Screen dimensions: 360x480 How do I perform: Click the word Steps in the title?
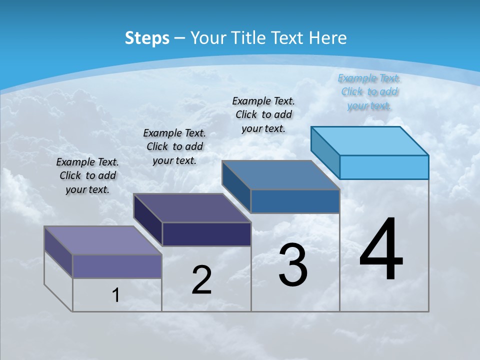tap(147, 38)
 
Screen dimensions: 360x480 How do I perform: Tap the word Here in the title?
tap(328, 38)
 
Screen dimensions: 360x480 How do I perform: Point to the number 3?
tap(293, 265)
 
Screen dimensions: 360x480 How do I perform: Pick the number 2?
tap(201, 280)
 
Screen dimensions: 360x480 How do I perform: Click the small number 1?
tap(115, 295)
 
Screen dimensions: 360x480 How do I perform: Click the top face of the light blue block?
tap(370, 140)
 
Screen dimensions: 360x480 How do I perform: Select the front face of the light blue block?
tap(384, 167)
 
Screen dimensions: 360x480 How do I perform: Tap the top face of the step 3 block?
tap(281, 175)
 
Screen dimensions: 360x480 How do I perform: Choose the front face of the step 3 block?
tap(295, 201)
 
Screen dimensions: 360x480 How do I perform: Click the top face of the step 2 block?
tap(192, 208)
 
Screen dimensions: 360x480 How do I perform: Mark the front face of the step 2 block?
tap(206, 234)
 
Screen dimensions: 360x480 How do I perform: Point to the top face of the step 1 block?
tap(103, 240)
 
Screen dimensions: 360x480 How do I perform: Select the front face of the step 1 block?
tap(117, 266)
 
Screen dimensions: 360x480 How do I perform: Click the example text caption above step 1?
tap(87, 175)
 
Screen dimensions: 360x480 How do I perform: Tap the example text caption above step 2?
tap(174, 146)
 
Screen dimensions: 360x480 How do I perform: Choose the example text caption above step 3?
tap(263, 114)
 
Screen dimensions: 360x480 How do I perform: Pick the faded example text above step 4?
tap(369, 91)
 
